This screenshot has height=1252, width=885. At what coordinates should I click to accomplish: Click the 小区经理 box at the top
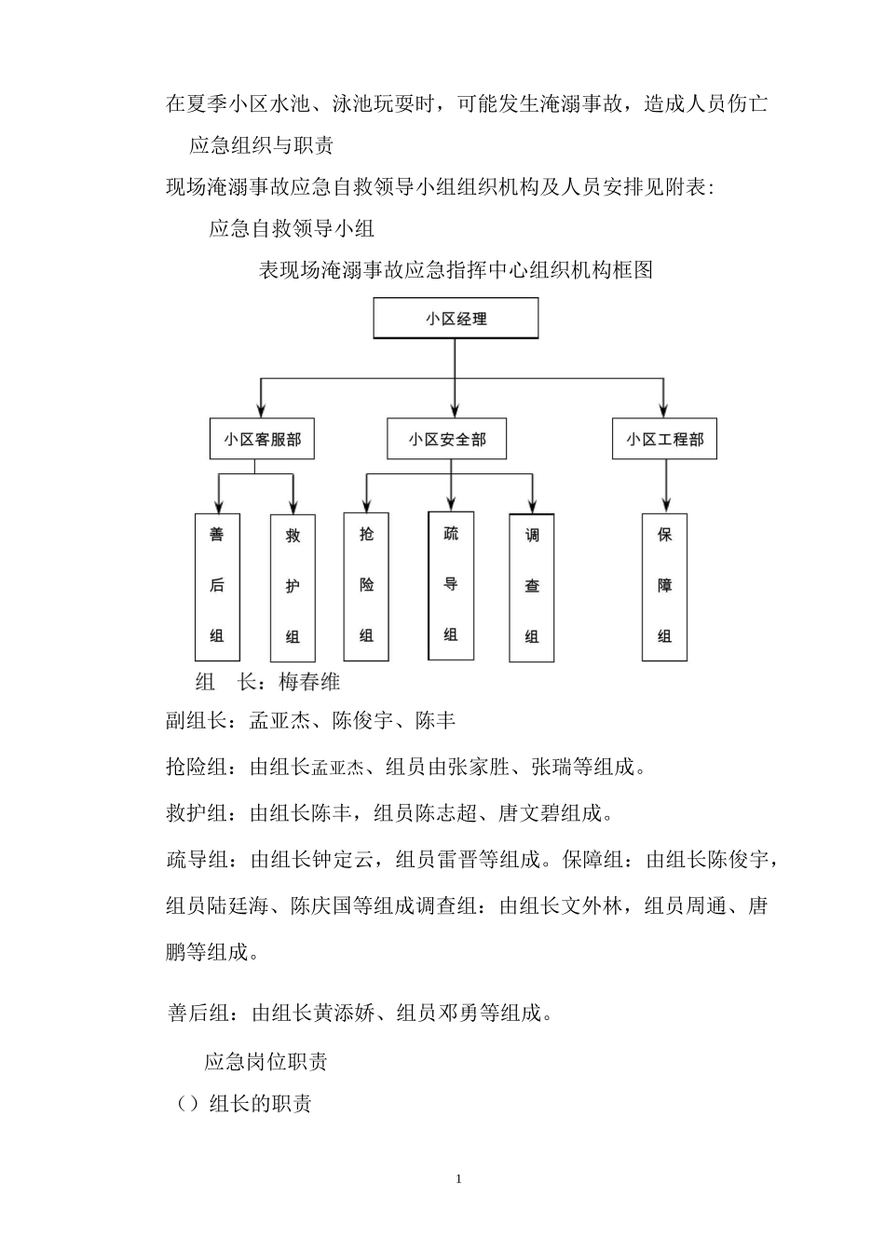(456, 319)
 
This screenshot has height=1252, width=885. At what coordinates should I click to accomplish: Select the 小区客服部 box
(262, 440)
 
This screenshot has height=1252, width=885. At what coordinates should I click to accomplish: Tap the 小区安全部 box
(446, 440)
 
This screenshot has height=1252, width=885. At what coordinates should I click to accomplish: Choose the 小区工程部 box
(664, 440)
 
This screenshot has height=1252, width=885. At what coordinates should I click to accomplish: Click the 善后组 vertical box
(217, 587)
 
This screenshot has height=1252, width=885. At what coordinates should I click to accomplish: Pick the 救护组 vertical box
(293, 588)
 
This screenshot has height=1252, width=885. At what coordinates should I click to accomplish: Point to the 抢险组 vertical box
(366, 586)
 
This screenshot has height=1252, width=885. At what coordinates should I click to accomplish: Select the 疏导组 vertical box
(451, 585)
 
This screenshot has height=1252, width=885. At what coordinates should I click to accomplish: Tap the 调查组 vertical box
(532, 588)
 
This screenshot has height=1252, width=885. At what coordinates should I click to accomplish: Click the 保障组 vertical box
(664, 587)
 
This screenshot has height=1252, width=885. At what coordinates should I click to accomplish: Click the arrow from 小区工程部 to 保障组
(665, 484)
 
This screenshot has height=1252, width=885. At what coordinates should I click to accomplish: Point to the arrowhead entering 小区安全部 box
(455, 410)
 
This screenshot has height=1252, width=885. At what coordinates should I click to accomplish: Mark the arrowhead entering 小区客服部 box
(261, 411)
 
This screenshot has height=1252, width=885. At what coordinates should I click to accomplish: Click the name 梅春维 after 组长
(309, 682)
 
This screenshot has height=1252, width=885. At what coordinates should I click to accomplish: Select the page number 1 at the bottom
(458, 1179)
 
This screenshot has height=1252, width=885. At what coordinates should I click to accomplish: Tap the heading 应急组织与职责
(262, 145)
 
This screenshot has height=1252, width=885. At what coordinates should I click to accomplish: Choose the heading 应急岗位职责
(265, 1062)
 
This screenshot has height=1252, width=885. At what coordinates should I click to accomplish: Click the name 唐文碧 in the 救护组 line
(529, 813)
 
